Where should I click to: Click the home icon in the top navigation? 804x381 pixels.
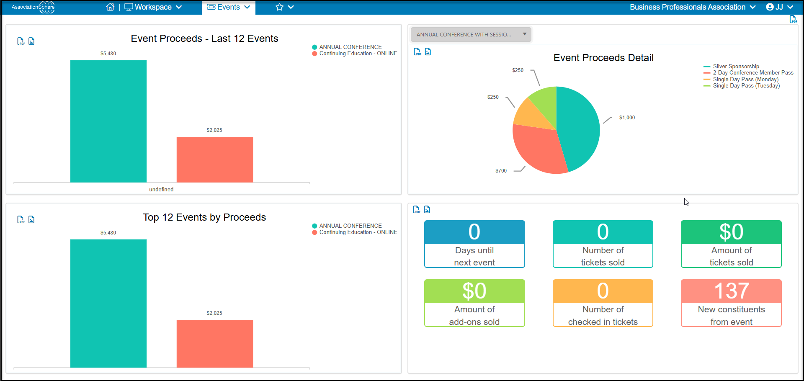pos(110,7)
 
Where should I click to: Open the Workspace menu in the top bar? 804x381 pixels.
pos(153,7)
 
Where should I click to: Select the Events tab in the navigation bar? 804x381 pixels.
pos(229,7)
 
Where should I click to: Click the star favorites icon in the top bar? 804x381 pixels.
pos(280,7)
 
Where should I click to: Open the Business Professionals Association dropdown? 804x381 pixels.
pos(693,7)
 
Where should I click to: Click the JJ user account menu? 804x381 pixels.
pos(779,7)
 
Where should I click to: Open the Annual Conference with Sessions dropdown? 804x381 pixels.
pos(471,34)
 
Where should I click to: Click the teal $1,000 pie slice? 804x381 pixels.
pos(580,126)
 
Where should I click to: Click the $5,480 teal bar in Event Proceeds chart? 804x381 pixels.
pos(108,121)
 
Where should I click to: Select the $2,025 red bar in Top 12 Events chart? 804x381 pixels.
pos(215,344)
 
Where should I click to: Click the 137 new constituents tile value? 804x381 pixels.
pos(731,291)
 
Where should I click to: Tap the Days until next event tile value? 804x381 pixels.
pos(474,232)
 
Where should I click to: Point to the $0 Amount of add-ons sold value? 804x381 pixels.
pos(474,291)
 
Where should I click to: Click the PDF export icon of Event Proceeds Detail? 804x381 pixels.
pos(417,51)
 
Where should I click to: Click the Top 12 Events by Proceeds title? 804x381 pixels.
pos(204,217)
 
